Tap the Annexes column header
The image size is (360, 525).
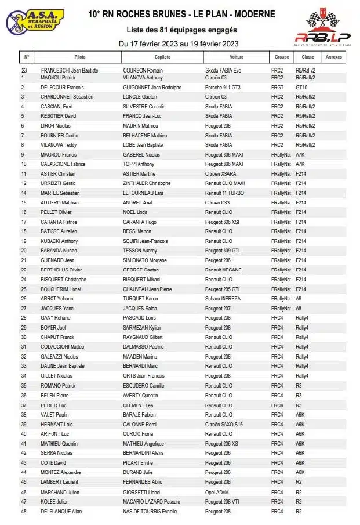334,57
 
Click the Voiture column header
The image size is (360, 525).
237,57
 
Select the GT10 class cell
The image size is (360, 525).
301,87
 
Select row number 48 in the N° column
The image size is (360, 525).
24,511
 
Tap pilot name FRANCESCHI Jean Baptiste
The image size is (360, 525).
69,70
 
